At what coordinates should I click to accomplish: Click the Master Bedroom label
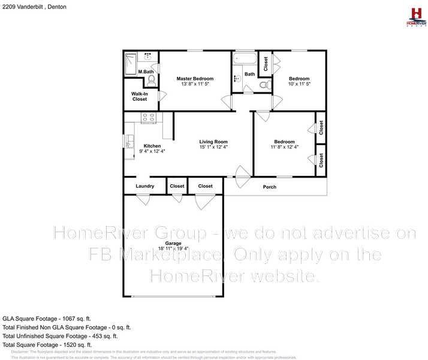[195, 79]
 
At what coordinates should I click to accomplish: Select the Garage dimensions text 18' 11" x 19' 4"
[173, 248]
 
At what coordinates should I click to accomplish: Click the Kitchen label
[152, 146]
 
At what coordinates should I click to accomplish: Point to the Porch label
[270, 187]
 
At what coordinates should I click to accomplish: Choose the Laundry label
[145, 186]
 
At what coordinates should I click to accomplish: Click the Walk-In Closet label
[140, 96]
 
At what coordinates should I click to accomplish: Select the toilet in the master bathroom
[152, 79]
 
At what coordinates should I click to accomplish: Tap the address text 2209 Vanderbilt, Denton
[34, 7]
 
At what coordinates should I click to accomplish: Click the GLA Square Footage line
[47, 319]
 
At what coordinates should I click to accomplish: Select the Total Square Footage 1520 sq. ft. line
[47, 345]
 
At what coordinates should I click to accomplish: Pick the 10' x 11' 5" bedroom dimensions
[299, 85]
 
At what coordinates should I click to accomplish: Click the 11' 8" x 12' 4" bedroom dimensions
[284, 147]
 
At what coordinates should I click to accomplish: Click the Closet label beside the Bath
[266, 63]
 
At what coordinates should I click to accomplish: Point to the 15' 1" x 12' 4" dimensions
[213, 147]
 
